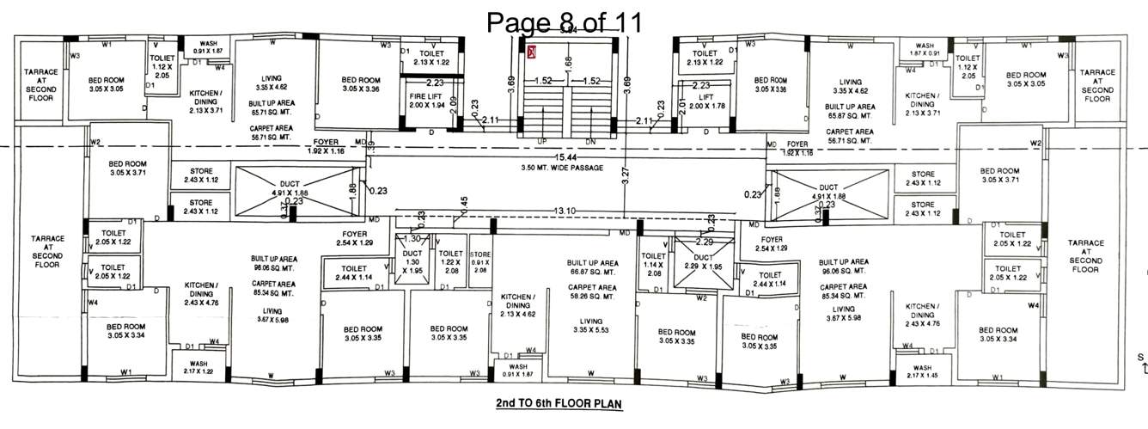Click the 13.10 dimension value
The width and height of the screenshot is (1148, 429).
[565, 211]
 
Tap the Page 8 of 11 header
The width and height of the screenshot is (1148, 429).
[564, 21]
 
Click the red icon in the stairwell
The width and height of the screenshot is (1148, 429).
[532, 52]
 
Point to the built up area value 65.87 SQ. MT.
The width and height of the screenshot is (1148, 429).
[849, 113]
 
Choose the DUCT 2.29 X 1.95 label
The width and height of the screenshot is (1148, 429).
[704, 261]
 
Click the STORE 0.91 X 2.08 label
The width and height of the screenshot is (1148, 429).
[479, 261]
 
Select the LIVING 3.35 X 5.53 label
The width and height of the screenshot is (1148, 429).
[591, 323]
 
